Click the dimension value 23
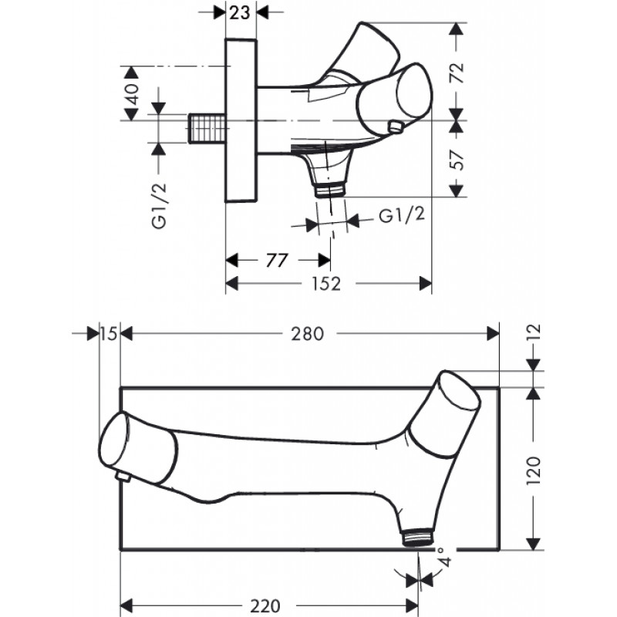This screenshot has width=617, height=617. tap(240, 12)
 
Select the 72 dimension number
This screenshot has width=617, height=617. tap(457, 72)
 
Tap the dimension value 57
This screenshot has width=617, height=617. tap(457, 160)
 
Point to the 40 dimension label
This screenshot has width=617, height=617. tap(132, 93)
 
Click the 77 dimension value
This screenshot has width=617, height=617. tap(277, 261)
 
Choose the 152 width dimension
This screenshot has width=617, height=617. tap(326, 284)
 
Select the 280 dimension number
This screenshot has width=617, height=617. tap(307, 334)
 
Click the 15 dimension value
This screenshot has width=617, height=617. tap(109, 334)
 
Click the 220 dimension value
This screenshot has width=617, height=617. tap(265, 606)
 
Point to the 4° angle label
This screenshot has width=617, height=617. tap(445, 555)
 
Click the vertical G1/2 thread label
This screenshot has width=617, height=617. tap(160, 205)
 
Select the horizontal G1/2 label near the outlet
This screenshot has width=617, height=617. tap(402, 215)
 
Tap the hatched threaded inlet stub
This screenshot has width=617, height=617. tap(207, 128)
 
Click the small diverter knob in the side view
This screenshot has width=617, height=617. tap(396, 127)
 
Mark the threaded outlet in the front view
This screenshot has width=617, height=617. tap(418, 538)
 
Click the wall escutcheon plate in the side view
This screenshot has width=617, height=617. tap(241, 120)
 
